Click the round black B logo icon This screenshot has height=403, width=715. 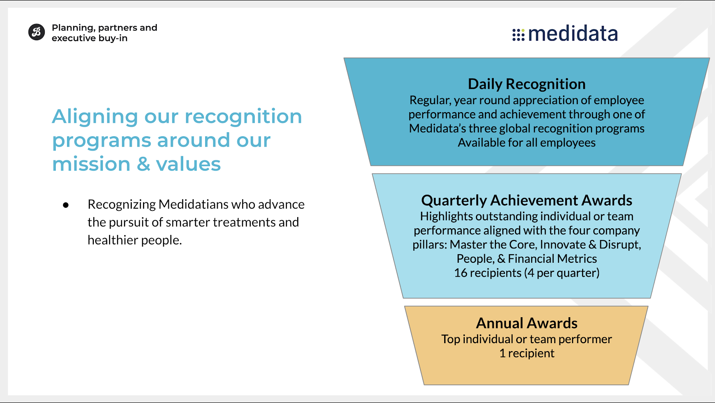(36, 32)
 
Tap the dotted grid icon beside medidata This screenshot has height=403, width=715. (518, 35)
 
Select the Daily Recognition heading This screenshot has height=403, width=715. (527, 84)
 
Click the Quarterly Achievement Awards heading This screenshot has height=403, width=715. (527, 201)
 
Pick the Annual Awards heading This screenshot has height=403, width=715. (527, 323)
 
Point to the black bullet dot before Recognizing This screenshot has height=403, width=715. (66, 205)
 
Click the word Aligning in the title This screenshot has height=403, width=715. (95, 117)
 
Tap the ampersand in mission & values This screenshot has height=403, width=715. (143, 164)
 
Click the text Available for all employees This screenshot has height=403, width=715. (527, 143)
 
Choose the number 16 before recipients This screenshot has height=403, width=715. (461, 273)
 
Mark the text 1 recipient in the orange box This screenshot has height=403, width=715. (527, 353)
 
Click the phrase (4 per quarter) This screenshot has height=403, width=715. (562, 273)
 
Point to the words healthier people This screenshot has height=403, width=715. (135, 240)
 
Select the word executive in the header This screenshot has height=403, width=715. (74, 38)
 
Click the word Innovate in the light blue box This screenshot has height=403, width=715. (563, 244)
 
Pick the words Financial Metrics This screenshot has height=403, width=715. (552, 258)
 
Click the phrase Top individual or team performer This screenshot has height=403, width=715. (527, 339)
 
